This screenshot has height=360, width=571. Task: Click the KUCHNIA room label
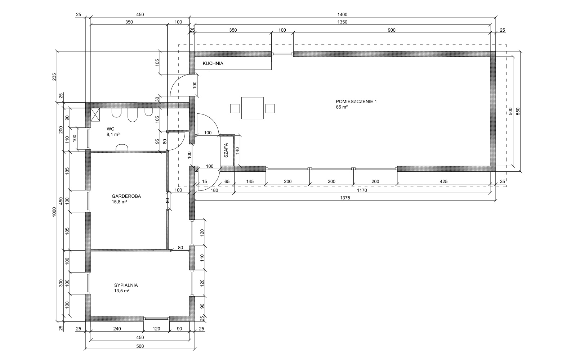pos(213,63)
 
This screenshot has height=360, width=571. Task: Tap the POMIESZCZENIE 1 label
pos(356,102)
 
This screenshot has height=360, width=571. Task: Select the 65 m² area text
pos(342,107)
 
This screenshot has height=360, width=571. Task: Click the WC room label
pos(110,129)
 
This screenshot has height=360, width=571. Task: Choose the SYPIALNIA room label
pos(126,285)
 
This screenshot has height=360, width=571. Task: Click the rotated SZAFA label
pos(226,150)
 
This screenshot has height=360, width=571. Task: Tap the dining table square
pos(253,108)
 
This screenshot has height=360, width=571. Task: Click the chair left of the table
pos(235,108)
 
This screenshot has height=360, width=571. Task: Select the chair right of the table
pos(270,108)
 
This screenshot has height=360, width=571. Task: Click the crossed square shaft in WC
pos(95,114)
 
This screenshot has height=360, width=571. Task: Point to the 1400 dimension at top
pos(342,15)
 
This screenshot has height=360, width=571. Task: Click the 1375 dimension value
pos(345,198)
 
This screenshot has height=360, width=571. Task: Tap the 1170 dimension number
pos(362,190)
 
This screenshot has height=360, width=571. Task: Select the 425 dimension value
pos(443,182)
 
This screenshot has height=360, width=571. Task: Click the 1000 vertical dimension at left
pos(54,212)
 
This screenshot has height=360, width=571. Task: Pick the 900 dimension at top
pos(392,30)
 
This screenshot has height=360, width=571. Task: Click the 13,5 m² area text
pos(122,291)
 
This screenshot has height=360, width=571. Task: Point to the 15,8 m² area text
pos(119,202)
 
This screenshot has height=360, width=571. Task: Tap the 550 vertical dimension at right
pos(517,111)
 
